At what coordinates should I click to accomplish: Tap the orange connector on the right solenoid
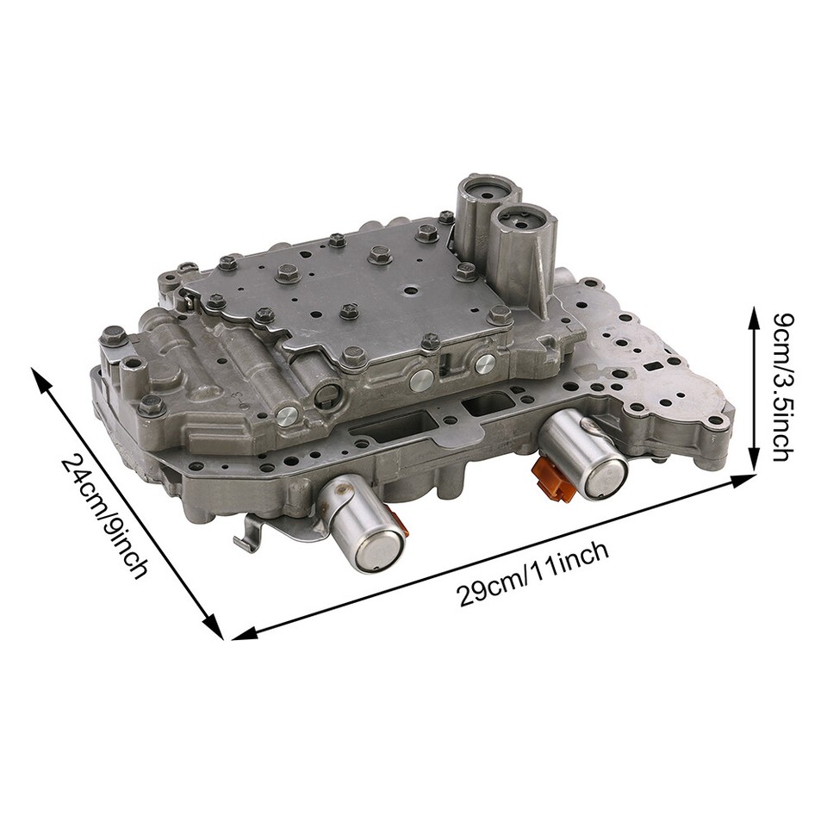(x=552, y=479)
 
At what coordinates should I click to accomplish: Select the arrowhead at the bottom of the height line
(x=755, y=465)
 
